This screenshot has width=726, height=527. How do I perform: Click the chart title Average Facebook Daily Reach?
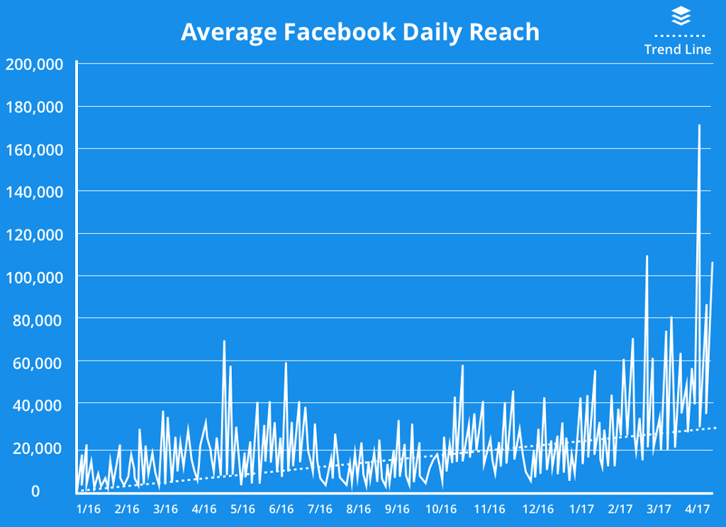click(359, 32)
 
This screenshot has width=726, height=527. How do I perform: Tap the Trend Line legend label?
click(677, 50)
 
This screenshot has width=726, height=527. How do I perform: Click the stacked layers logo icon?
click(681, 16)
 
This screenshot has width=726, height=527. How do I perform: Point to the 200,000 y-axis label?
click(35, 64)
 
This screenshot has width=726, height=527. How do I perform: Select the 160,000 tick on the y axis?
click(35, 149)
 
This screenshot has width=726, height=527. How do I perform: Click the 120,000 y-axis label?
click(35, 234)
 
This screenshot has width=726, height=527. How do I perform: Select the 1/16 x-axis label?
click(89, 509)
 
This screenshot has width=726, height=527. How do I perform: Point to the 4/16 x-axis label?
click(204, 509)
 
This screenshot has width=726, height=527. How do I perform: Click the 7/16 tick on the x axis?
click(320, 509)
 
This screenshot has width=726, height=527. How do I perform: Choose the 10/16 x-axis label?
click(441, 509)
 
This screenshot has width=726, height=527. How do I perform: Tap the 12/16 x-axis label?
click(537, 509)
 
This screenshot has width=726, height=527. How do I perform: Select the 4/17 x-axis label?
click(698, 509)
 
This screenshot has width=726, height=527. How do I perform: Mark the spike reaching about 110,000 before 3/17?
click(647, 256)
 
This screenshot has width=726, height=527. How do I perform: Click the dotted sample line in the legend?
click(679, 35)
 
